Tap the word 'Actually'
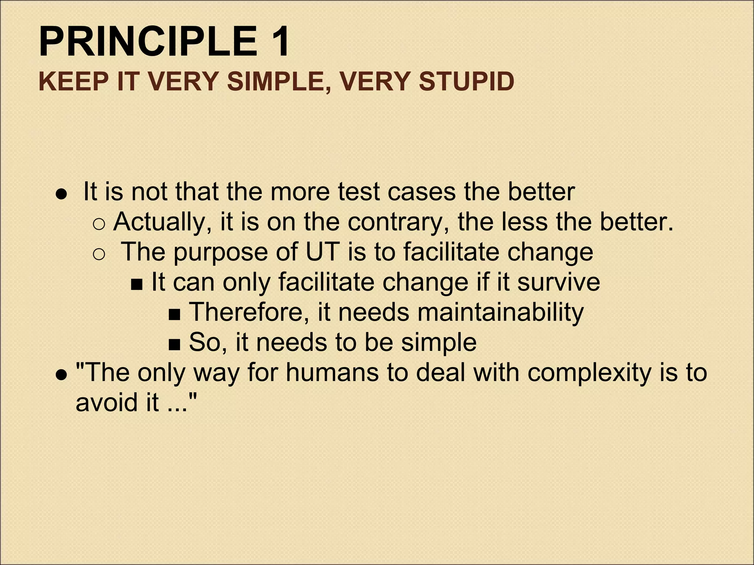coord(162,222)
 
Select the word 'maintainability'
coord(500,312)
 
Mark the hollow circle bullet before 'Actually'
coord(99,224)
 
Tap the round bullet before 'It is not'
coord(61,194)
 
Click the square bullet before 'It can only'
coord(137,284)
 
